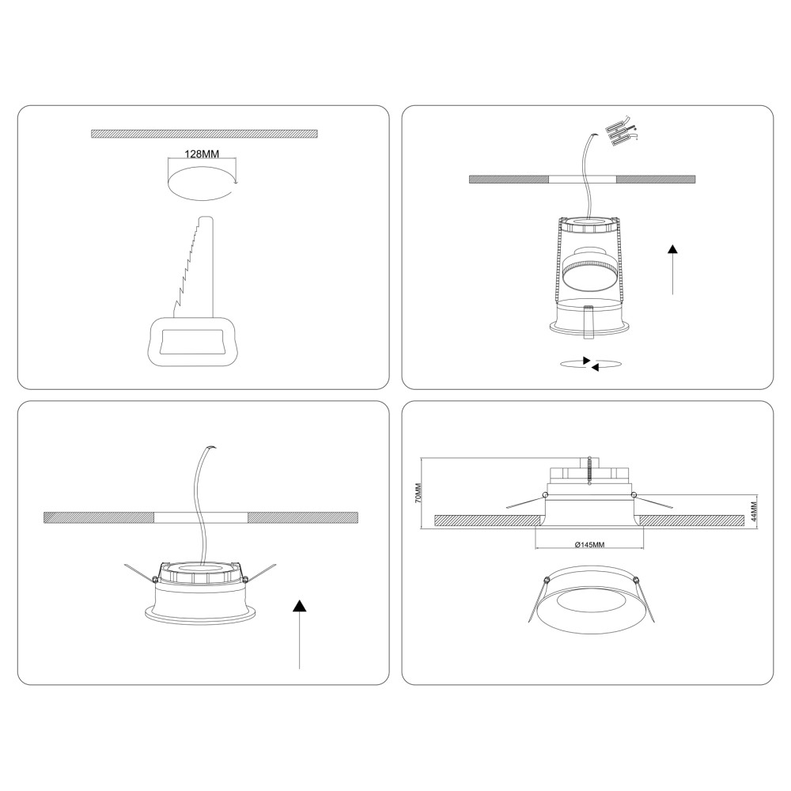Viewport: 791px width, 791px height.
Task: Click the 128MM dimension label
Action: [x=202, y=154]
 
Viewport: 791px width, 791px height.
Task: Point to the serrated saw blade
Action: [x=195, y=267]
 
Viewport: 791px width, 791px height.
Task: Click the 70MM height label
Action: [x=418, y=493]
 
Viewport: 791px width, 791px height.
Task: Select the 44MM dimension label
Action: [x=754, y=511]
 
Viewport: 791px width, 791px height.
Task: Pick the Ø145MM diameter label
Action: [x=589, y=545]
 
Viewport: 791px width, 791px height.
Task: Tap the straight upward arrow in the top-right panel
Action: [x=672, y=270]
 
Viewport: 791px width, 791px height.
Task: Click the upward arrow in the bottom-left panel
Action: [x=300, y=634]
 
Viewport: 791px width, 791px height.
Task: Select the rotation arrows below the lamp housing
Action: [x=590, y=364]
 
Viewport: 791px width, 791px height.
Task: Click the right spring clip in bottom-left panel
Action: [x=259, y=573]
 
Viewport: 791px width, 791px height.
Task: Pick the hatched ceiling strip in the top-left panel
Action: [x=204, y=134]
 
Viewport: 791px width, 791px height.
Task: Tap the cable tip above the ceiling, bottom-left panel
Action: [x=212, y=448]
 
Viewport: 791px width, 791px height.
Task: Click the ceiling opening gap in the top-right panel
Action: [x=582, y=179]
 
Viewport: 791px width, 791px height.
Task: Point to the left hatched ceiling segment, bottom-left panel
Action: [x=99, y=517]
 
